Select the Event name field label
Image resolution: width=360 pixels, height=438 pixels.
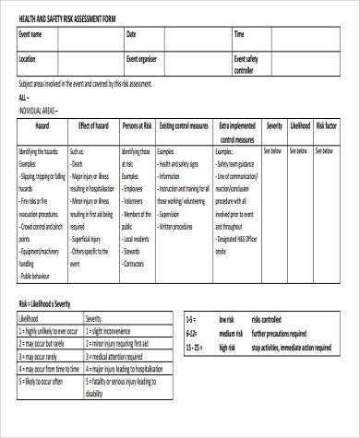tap(30, 35)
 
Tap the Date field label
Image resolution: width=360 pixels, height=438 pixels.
tap(130, 35)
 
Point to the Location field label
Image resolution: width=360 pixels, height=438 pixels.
tap(28, 59)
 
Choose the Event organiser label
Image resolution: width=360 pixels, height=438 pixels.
tap(143, 59)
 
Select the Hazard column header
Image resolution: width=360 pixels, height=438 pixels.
tap(42, 124)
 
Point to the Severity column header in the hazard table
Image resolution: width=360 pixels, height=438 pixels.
tap(274, 124)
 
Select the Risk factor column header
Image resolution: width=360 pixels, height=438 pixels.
tap(329, 124)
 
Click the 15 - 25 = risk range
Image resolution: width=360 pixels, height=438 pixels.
tap(197, 347)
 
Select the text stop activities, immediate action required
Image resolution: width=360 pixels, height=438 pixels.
tap(297, 347)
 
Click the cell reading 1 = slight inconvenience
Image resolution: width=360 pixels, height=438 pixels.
tap(120, 329)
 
